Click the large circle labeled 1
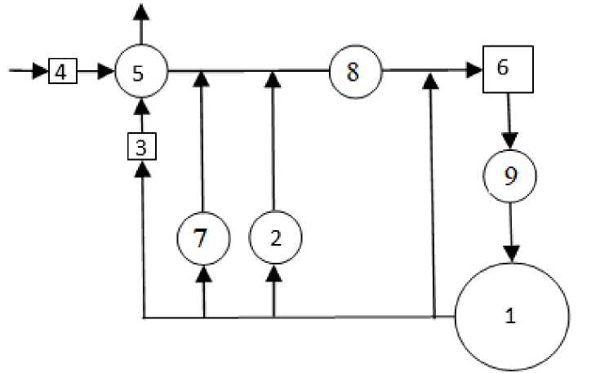pyautogui.click(x=511, y=317)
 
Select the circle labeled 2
pyautogui.click(x=274, y=238)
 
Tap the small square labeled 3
pyautogui.click(x=142, y=148)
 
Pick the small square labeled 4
pyautogui.click(x=60, y=72)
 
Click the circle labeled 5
pyautogui.click(x=141, y=72)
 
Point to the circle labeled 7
pyautogui.click(x=203, y=238)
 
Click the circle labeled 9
pyautogui.click(x=510, y=176)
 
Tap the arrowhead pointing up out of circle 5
pyautogui.click(x=142, y=11)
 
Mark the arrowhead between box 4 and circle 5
pyautogui.click(x=105, y=72)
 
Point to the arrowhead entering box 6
pyautogui.click(x=474, y=72)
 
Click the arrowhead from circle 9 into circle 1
pyautogui.click(x=511, y=254)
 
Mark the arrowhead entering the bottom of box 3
pyautogui.click(x=142, y=169)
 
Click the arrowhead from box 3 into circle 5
pyautogui.click(x=142, y=108)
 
